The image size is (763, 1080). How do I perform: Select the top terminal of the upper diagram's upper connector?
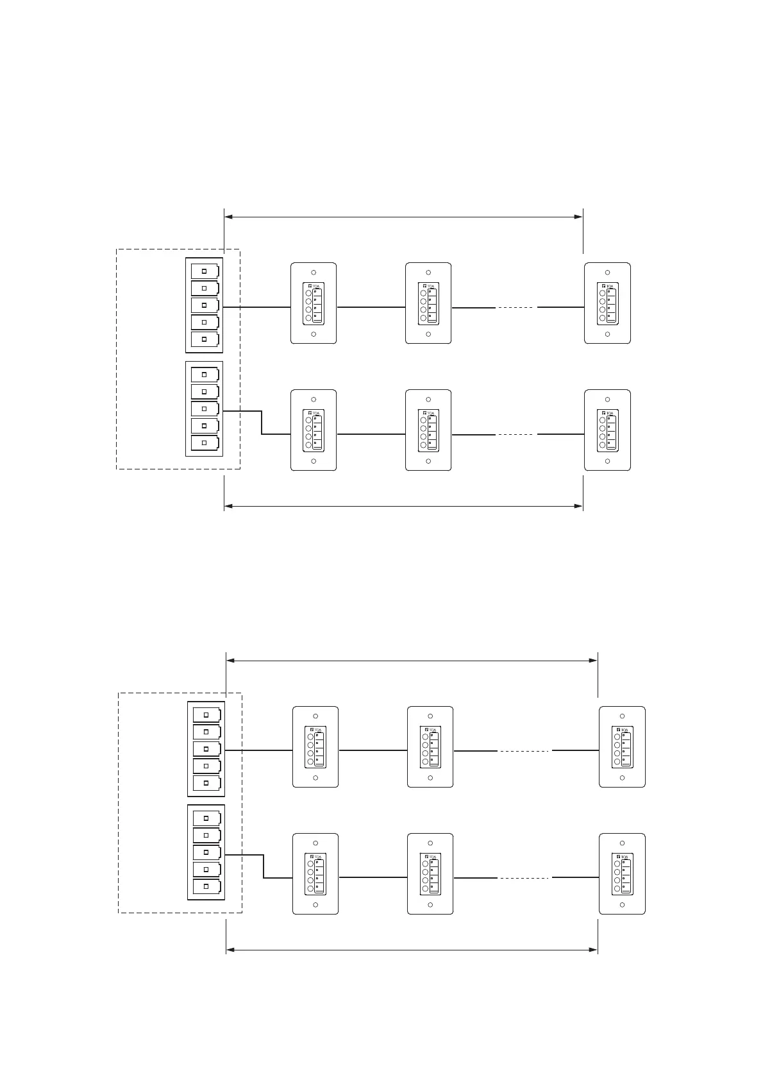click(205, 271)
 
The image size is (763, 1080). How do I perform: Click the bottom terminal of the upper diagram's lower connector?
click(205, 443)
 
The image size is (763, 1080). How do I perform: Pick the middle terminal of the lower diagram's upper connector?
click(206, 749)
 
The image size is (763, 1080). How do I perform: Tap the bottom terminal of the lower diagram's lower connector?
click(206, 886)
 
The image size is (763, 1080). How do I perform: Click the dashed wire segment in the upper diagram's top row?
click(516, 308)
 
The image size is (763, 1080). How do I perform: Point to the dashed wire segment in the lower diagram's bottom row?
click(524, 878)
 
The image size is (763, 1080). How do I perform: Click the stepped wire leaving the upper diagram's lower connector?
click(262, 423)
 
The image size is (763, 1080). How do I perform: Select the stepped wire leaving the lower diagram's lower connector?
click(264, 866)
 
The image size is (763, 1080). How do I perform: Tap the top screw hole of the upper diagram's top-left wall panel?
click(314, 273)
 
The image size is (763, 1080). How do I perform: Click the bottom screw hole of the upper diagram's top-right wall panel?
click(607, 334)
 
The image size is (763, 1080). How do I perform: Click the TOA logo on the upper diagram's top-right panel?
click(610, 286)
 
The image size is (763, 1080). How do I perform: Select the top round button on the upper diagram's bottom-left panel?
click(308, 419)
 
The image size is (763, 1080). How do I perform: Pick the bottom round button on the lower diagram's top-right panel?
click(617, 762)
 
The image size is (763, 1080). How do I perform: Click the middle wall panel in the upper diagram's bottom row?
click(428, 430)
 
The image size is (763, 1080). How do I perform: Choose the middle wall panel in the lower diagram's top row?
click(430, 747)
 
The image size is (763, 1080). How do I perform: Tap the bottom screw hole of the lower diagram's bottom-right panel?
click(622, 905)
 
